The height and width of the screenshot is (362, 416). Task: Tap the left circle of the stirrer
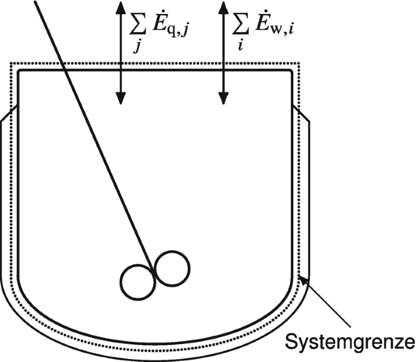[137, 282]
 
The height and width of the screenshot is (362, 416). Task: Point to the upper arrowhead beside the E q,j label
[120, 7]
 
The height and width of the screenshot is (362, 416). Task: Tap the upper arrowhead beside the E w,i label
[225, 7]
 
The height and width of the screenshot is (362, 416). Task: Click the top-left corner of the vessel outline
[19, 72]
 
